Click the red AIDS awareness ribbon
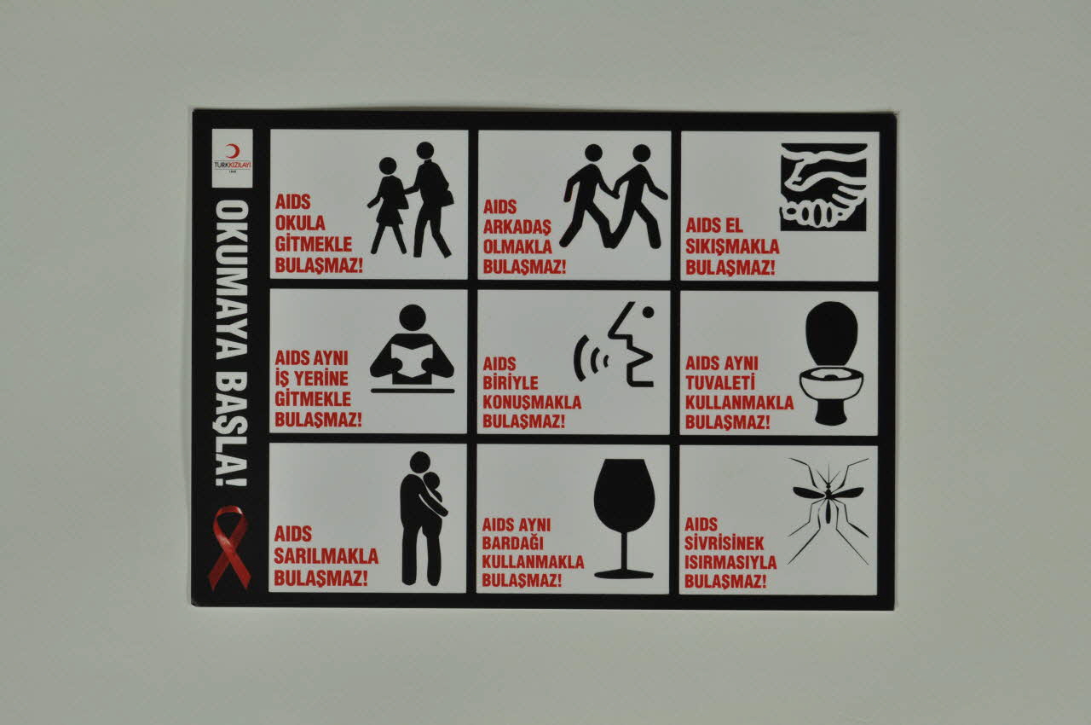pos(229,547)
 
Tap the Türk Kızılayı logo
pos(233,159)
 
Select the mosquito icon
pos(828,511)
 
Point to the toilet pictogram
pos(831,363)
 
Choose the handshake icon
pos(823,187)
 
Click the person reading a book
pos(412,349)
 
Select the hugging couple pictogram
pos(422,519)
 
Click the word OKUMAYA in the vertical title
pos(232,280)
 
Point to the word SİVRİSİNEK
pos(724,543)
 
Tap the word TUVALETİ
pos(720,382)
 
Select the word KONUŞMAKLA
pos(532,403)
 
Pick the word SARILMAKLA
pos(326,556)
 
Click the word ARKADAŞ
pos(517,228)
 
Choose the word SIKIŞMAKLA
pos(732,247)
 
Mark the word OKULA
pos(300,223)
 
